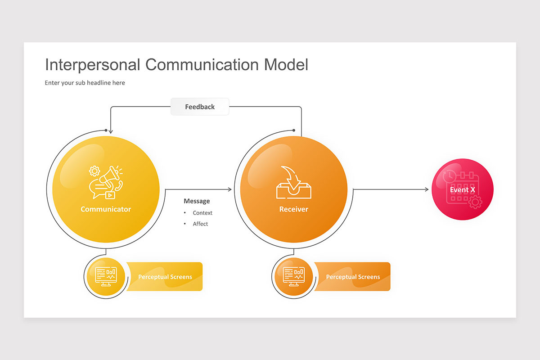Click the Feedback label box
click(x=200, y=107)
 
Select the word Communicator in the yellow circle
click(x=106, y=209)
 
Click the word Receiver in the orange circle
click(x=294, y=209)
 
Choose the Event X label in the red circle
click(x=463, y=190)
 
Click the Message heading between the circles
click(x=197, y=201)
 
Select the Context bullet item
click(x=202, y=213)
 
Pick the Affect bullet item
click(x=200, y=224)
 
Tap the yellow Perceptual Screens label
click(x=165, y=277)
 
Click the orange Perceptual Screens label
click(x=353, y=277)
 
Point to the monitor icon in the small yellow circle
click(x=106, y=276)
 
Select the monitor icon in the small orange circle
click(x=294, y=276)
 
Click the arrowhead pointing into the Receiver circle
click(x=229, y=189)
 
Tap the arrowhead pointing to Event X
click(x=427, y=189)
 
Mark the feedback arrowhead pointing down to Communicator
click(x=111, y=131)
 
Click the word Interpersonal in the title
click(x=93, y=65)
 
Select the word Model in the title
click(x=286, y=65)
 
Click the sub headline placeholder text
click(x=85, y=83)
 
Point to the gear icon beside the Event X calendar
click(x=475, y=202)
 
